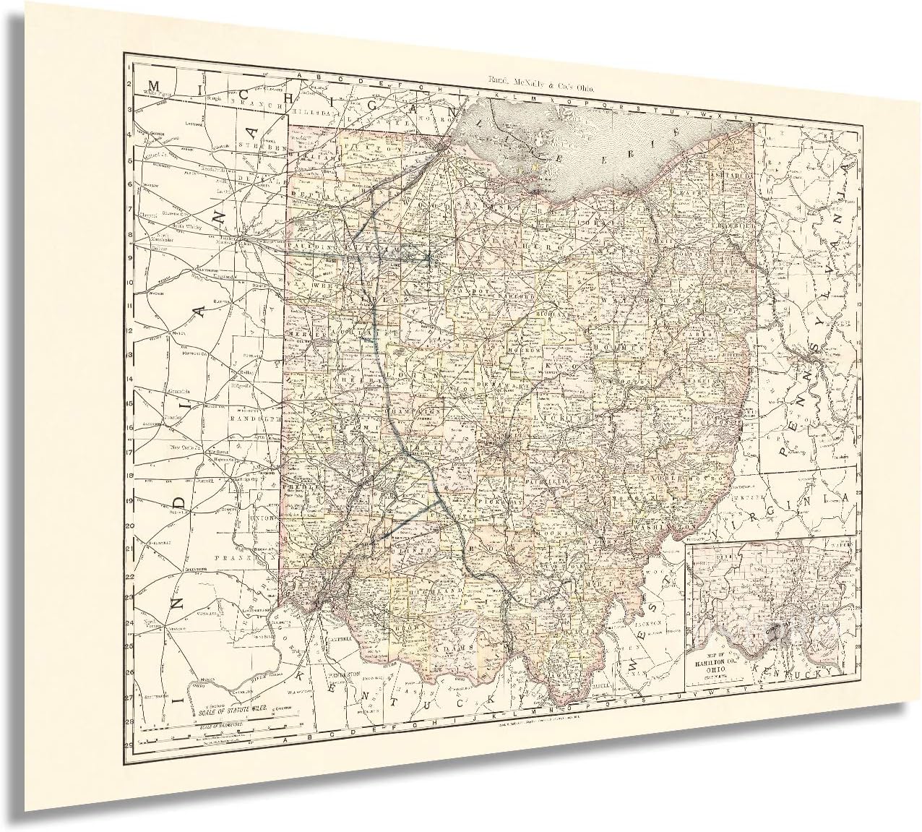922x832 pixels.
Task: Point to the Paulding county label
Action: (306, 247)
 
